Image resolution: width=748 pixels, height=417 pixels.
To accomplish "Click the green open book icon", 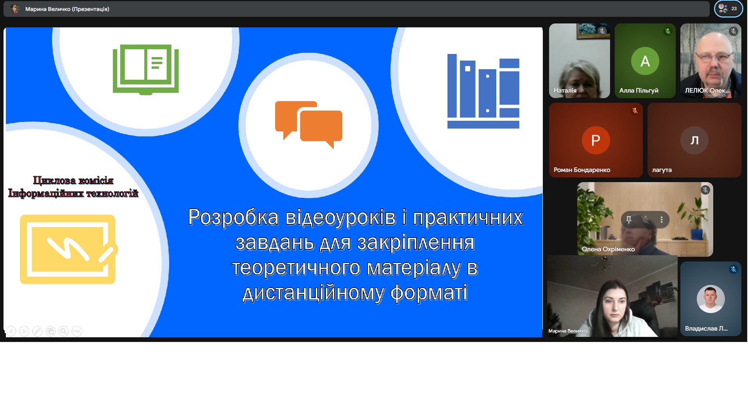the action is tap(146, 70).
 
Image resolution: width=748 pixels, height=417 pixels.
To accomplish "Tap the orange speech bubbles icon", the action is tap(309, 125).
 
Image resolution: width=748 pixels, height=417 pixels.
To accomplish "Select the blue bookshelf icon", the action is tap(483, 91).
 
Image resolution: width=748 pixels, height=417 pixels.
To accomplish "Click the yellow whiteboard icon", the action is tap(69, 249).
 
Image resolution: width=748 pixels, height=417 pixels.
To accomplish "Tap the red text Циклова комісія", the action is tap(73, 181).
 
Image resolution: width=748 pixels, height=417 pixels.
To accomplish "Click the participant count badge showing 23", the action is tap(728, 9).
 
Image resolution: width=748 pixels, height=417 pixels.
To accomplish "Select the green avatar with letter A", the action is tap(645, 61).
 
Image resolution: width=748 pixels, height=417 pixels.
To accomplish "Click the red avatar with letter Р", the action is tap(596, 140).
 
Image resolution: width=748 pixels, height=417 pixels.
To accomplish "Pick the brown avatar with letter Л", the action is tap(694, 140).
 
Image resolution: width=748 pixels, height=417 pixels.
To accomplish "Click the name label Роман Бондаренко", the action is tap(582, 170).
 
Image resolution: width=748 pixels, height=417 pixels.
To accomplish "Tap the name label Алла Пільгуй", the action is tap(639, 91).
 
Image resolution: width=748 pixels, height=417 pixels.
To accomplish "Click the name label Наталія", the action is tap(565, 91).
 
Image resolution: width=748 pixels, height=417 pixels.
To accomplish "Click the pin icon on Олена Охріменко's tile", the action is tap(629, 220).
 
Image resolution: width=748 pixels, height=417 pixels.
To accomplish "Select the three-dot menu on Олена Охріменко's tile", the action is tap(662, 220).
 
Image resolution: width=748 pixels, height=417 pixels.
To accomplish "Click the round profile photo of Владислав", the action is tap(710, 299).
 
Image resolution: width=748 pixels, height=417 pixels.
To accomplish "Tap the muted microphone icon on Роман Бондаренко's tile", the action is tap(635, 111).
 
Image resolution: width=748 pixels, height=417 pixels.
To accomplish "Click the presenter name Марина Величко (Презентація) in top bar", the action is tap(67, 9).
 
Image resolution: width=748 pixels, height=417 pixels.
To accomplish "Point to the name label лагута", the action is tap(662, 170).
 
